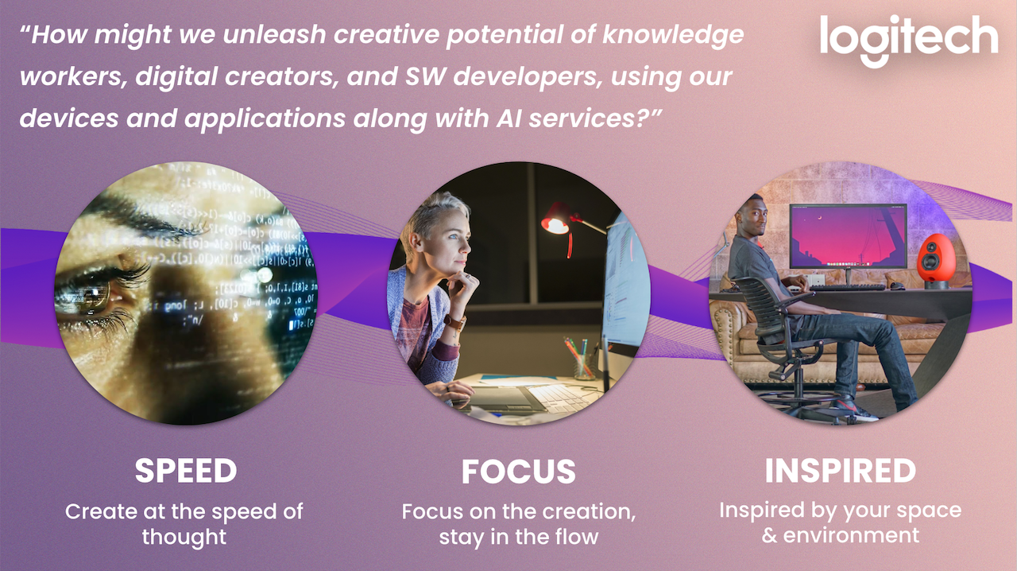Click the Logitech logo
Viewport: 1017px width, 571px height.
point(908,40)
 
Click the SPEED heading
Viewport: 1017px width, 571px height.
point(186,471)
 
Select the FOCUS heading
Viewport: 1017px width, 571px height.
point(519,472)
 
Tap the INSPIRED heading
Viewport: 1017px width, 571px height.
point(841,471)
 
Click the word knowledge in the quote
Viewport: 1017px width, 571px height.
point(673,36)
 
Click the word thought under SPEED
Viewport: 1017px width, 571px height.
point(184,537)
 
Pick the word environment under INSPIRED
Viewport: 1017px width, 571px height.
point(851,535)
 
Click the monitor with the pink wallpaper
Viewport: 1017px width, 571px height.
point(848,236)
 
